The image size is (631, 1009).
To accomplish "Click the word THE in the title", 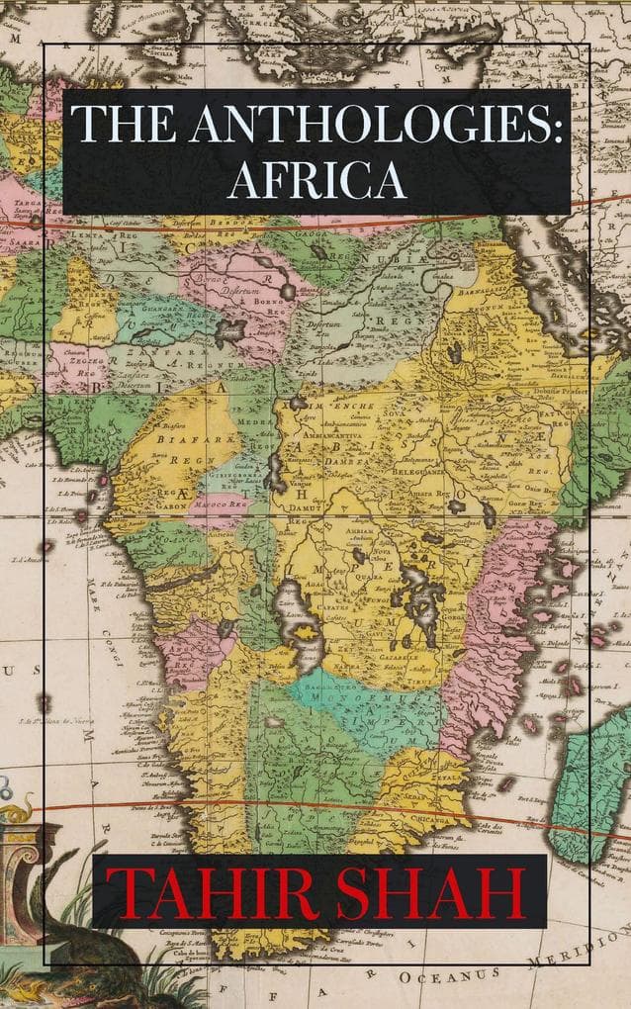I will pyautogui.click(x=119, y=125).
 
